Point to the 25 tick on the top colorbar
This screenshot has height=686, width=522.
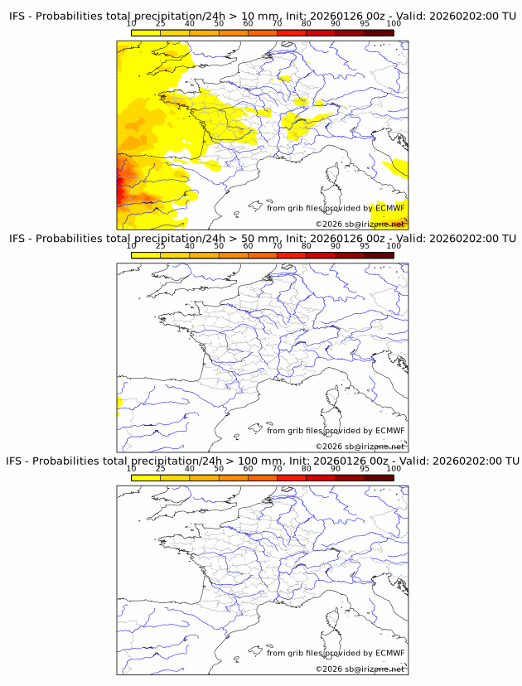click(161, 23)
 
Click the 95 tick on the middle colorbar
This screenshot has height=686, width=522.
click(365, 246)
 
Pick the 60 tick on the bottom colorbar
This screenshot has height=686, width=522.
click(248, 468)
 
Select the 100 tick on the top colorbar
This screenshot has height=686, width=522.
click(394, 23)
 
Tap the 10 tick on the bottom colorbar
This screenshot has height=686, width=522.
click(132, 468)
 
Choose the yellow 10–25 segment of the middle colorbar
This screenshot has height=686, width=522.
click(146, 254)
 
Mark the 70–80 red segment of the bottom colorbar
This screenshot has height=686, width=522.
click(292, 476)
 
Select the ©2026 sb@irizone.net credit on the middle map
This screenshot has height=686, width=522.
click(360, 447)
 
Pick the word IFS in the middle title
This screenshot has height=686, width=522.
click(18, 239)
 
